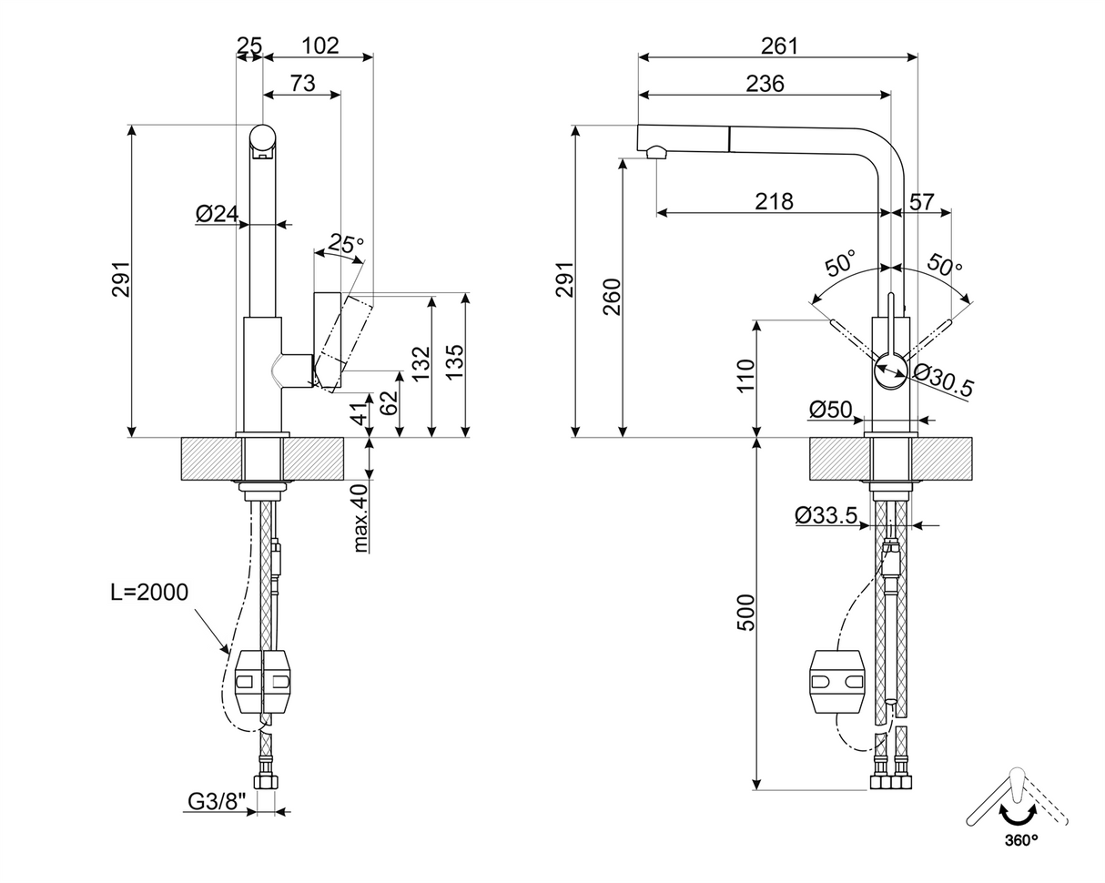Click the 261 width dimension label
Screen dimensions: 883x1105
pos(778,46)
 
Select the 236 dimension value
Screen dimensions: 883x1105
pos(765,84)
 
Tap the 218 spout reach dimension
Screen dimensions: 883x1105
pos(773,201)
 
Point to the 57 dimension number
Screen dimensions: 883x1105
pos(922,201)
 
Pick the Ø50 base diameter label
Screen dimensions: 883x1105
pos(830,410)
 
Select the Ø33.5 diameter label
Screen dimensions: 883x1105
pos(826,515)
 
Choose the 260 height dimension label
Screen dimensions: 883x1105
pos(612,297)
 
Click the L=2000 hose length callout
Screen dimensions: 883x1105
pos(149,592)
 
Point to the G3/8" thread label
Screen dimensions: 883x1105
pos(217,801)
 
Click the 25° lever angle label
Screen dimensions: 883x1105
pos(346,243)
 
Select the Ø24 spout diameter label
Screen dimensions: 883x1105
pos(217,214)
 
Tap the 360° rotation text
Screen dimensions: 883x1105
pos(1020,839)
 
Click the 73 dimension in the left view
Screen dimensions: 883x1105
pos(302,84)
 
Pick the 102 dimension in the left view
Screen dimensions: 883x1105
pos(319,46)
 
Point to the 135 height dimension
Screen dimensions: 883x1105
pos(455,361)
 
